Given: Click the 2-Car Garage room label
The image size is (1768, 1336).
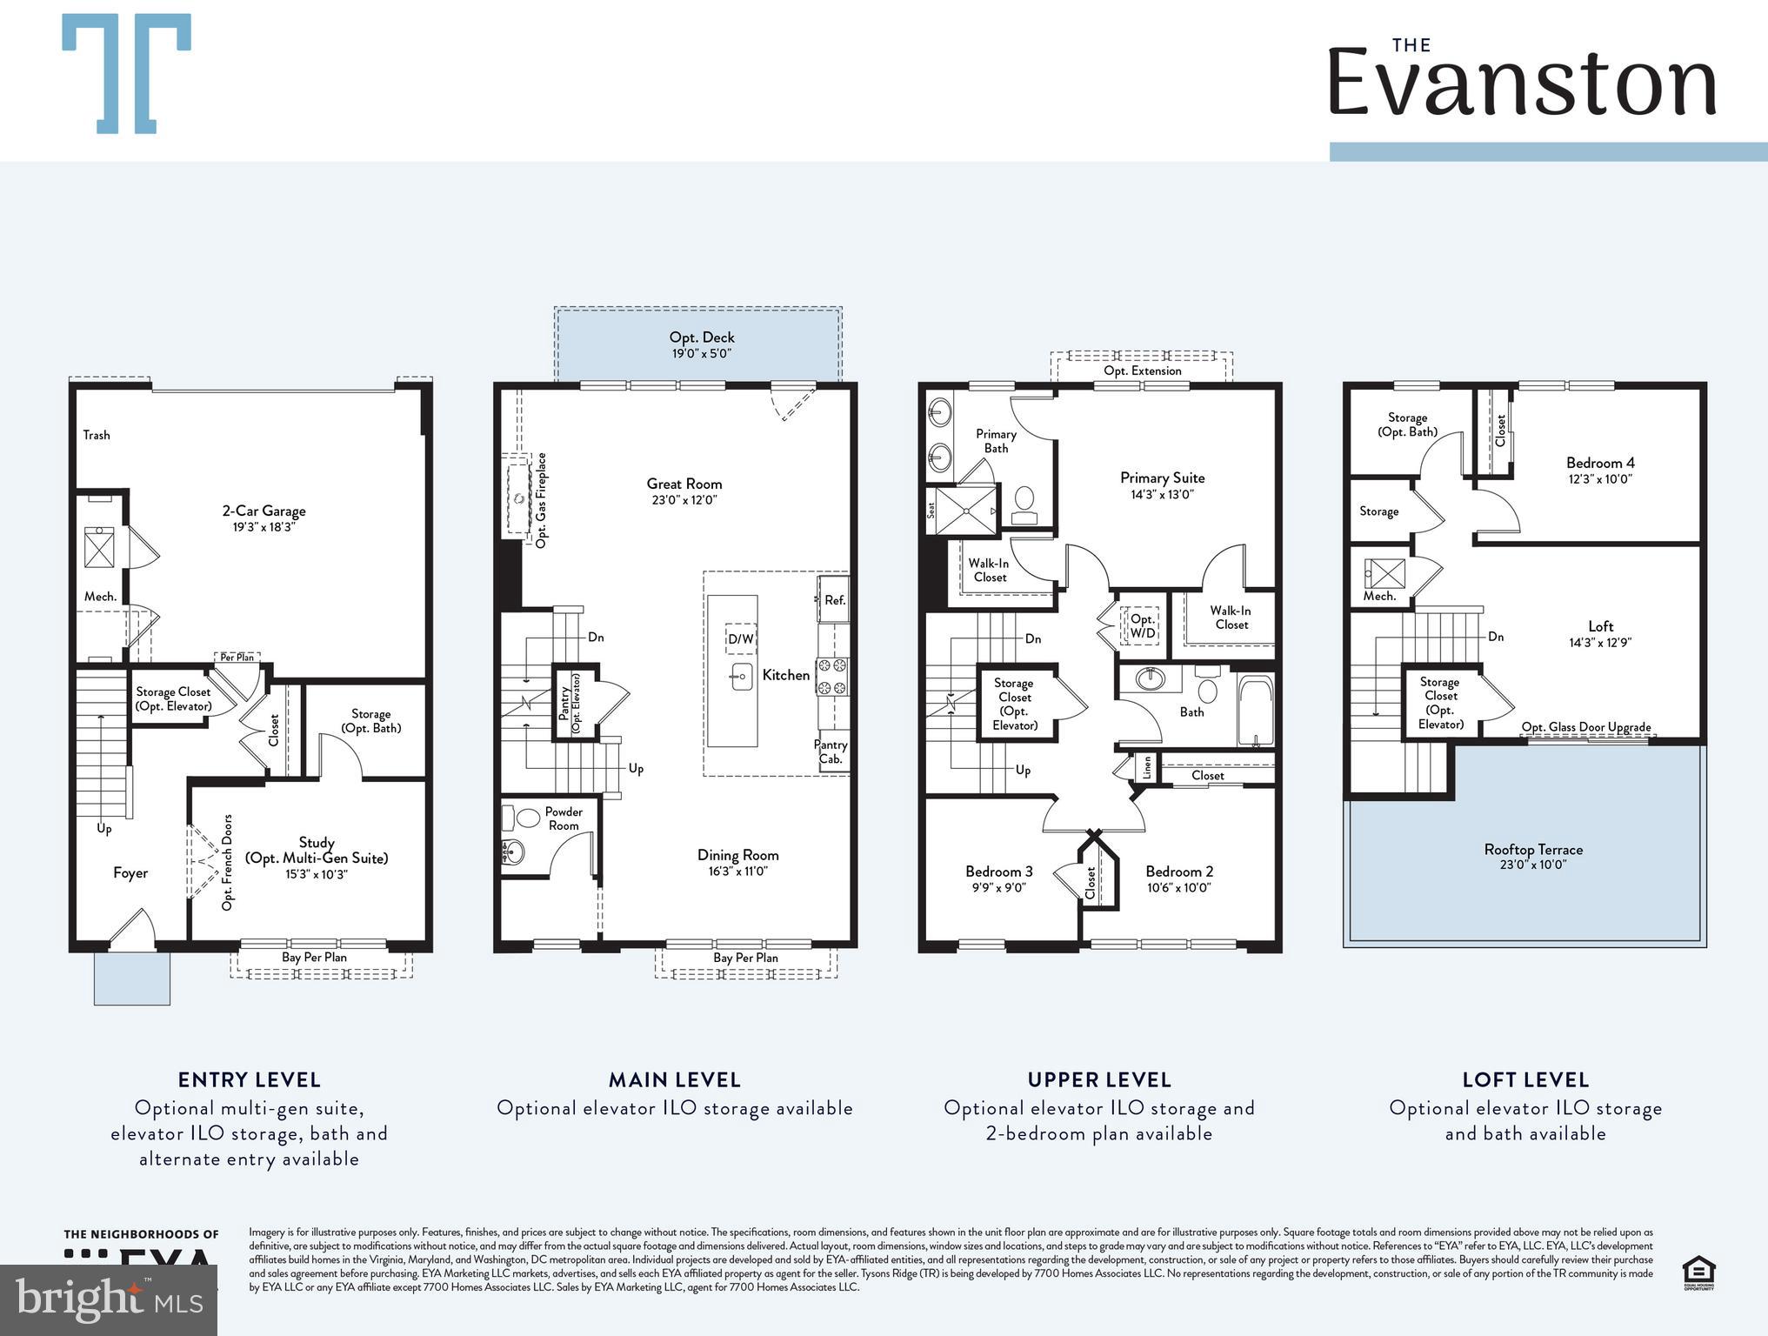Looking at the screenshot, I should [x=264, y=518].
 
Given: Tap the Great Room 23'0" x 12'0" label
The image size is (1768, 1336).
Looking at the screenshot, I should [x=684, y=491].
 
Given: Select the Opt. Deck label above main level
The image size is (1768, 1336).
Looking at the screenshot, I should [x=701, y=344].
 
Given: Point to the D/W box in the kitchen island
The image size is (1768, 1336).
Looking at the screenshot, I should [x=740, y=639].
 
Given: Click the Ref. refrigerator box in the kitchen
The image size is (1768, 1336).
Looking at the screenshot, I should [x=834, y=600].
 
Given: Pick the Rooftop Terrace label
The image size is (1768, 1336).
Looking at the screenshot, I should [x=1532, y=856].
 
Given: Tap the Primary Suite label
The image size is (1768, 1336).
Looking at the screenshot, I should [x=1162, y=484].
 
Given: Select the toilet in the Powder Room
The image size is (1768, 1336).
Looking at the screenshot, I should [x=527, y=818].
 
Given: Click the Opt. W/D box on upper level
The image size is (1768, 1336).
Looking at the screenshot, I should [x=1142, y=625].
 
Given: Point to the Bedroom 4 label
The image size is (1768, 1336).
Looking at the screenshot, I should [x=1599, y=470].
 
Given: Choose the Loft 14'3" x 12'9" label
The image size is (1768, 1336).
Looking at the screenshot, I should [x=1599, y=633].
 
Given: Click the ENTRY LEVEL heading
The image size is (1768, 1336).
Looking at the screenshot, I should [x=250, y=1079].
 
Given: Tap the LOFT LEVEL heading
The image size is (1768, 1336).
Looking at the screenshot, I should [x=1525, y=1079].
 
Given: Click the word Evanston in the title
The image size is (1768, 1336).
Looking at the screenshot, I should [x=1522, y=83].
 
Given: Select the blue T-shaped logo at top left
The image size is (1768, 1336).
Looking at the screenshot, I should [x=127, y=73].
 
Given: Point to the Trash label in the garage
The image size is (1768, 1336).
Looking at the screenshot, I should [x=97, y=435].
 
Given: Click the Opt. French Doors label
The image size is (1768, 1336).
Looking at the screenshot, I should [x=228, y=862].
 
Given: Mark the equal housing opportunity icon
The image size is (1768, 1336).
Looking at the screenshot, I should [x=1698, y=1273].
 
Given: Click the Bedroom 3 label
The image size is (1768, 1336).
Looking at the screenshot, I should [x=998, y=878].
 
